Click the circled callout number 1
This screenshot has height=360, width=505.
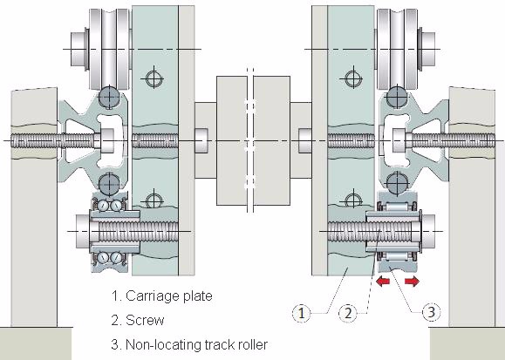click(302, 313)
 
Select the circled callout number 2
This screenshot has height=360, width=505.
click(348, 313)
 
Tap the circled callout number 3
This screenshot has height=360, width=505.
click(431, 312)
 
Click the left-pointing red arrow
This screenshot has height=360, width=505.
click(383, 282)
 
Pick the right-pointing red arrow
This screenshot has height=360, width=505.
click(412, 282)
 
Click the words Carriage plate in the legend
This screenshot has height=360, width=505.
click(168, 295)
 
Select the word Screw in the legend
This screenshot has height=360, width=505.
click(145, 320)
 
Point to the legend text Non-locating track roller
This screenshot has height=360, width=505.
click(196, 344)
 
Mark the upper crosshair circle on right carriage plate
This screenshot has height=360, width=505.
click(353, 78)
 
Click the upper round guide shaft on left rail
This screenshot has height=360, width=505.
click(110, 96)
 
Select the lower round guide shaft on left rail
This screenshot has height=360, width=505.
click(110, 184)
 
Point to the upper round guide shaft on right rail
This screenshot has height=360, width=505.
click(397, 96)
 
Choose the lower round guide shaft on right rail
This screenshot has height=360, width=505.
click(397, 184)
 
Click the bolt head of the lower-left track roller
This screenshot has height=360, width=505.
click(83, 231)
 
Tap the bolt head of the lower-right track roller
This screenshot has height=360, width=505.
click(428, 231)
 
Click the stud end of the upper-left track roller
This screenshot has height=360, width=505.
click(78, 49)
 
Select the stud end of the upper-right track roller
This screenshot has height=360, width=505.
click(428, 49)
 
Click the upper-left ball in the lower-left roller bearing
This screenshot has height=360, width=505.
click(104, 206)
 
